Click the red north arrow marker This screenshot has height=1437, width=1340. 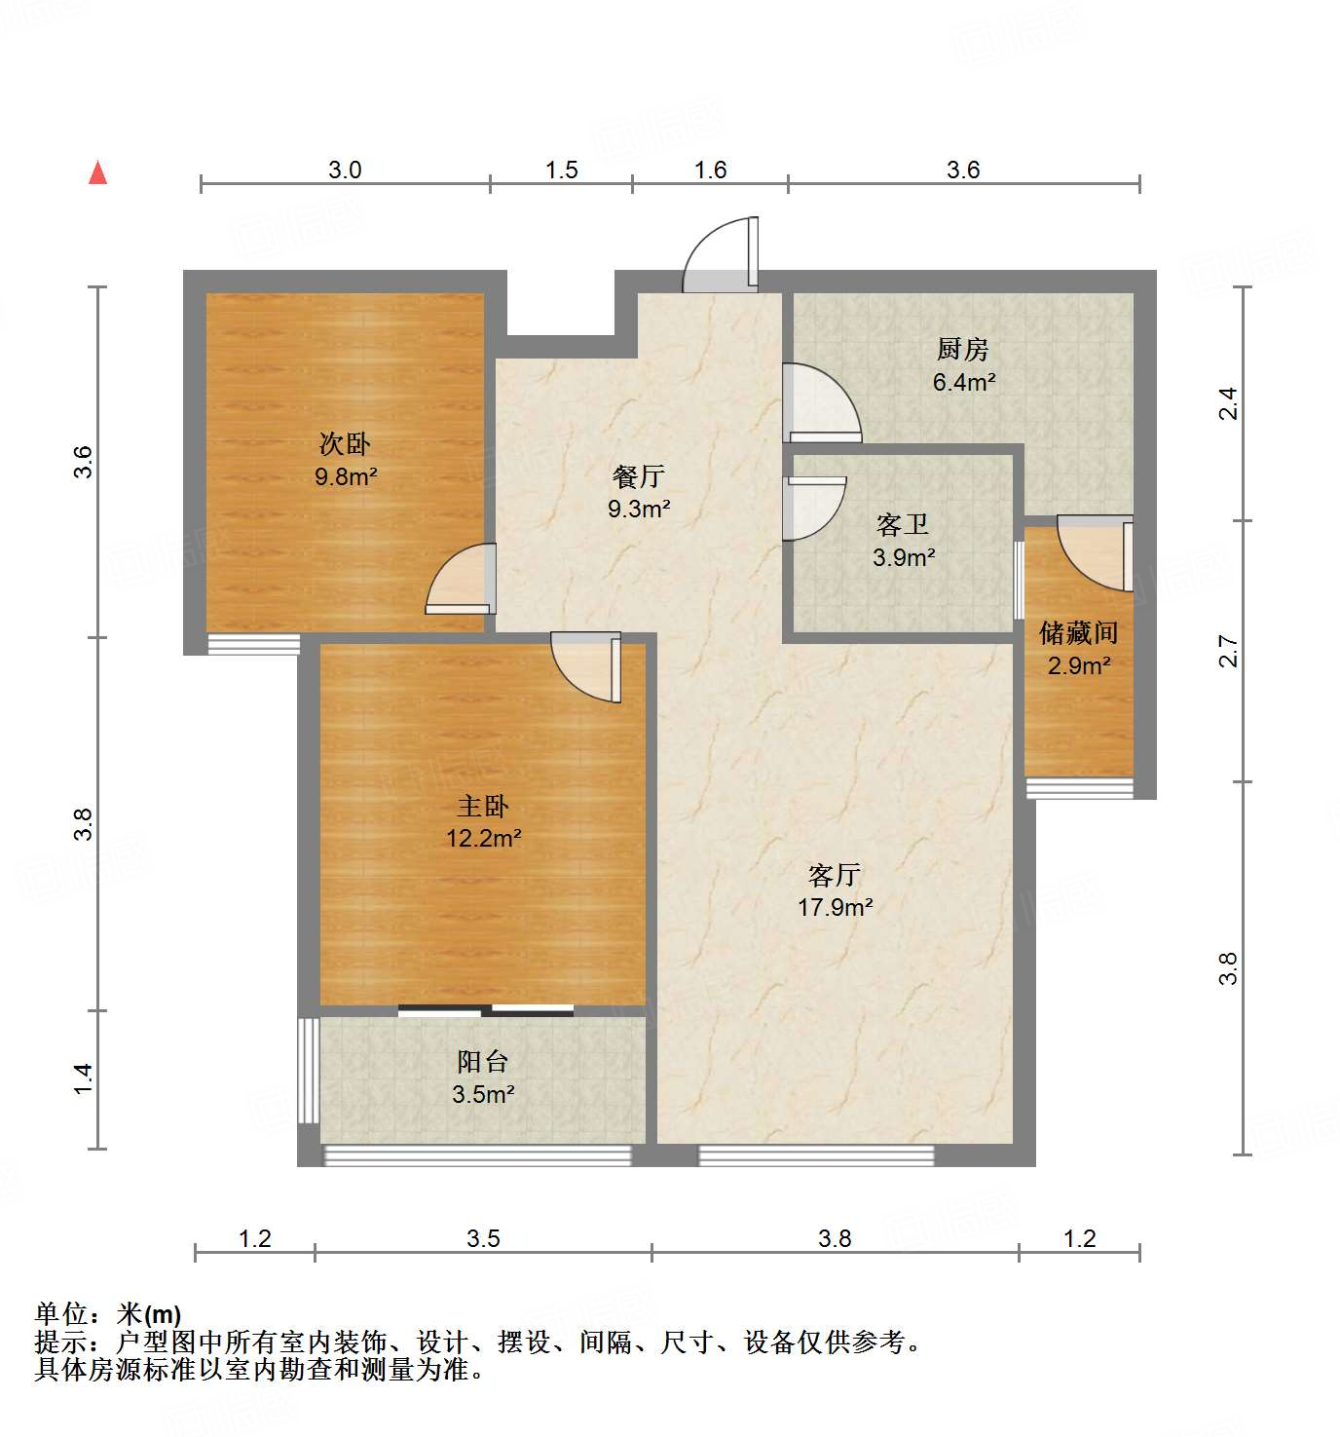[97, 173]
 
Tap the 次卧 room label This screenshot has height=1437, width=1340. [345, 444]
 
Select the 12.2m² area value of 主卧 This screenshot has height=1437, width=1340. [484, 838]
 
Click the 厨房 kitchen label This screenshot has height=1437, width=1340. [962, 349]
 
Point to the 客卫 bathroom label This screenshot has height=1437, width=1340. [903, 525]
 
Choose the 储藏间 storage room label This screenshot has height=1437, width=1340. [1078, 633]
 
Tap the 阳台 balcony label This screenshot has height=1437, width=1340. [483, 1062]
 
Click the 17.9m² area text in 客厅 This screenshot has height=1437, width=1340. [835, 907]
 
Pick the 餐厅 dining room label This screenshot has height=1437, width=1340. [639, 476]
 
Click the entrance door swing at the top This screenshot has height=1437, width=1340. [722, 255]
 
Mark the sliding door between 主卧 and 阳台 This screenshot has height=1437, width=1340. [486, 1010]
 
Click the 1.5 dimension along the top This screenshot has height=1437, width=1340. [561, 170]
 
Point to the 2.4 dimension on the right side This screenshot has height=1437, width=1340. [1228, 403]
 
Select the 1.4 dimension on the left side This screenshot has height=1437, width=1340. [85, 1078]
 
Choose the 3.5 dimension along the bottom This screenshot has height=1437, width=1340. [483, 1238]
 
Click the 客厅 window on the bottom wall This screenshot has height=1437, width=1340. [816, 1155]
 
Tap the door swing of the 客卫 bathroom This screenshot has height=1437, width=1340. [813, 507]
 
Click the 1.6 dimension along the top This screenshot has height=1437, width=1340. [710, 170]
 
